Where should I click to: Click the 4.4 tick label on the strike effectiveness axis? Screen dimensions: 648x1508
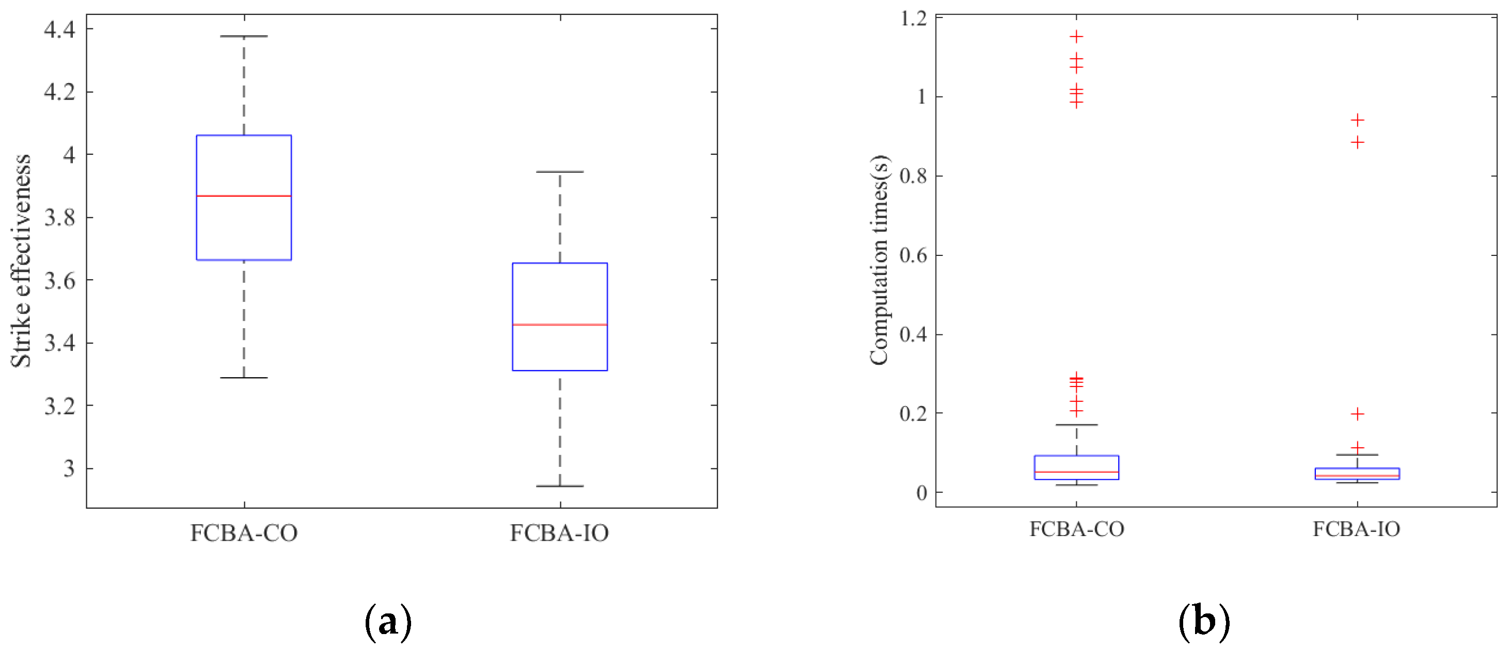60,29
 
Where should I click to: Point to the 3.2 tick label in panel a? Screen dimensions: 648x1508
60,406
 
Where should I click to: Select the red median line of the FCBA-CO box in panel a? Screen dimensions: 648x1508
244,196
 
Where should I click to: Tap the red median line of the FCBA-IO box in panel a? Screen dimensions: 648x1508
560,325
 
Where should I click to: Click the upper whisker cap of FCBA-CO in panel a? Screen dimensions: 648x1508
244,36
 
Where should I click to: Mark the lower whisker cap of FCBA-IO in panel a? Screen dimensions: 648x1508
560,486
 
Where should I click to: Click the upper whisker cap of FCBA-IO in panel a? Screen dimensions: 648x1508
560,172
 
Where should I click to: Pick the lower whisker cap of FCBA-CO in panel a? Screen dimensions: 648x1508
244,378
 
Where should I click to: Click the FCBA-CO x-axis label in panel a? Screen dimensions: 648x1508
244,533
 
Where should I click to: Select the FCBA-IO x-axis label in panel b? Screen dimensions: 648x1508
1356,529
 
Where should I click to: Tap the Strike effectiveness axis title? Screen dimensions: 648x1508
21,261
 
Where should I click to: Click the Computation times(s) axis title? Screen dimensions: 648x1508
879,260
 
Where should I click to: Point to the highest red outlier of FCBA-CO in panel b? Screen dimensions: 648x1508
1076,37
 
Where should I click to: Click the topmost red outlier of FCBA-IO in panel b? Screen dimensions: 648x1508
1357,120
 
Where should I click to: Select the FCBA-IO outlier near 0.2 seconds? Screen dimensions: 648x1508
1357,414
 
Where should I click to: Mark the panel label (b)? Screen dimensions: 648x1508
1204,622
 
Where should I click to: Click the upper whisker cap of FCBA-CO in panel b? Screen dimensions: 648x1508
1076,425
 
